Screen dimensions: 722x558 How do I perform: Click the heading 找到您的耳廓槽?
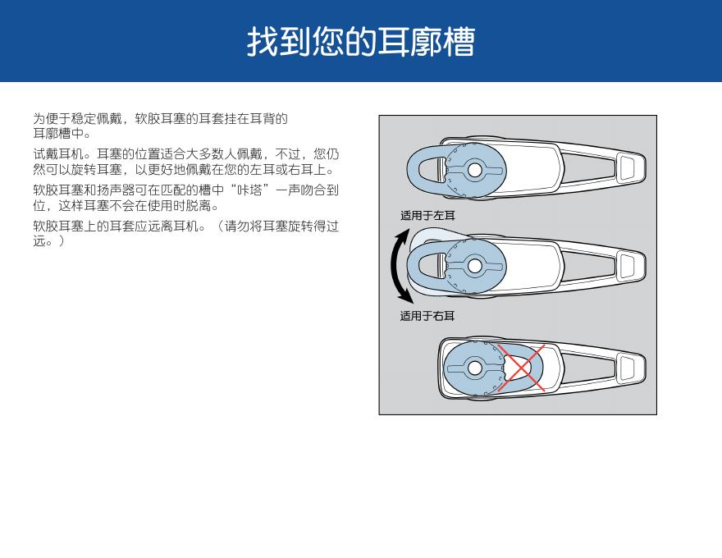tap(360, 42)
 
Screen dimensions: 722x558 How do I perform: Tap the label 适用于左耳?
tap(427, 216)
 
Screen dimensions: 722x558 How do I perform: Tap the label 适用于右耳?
tap(427, 316)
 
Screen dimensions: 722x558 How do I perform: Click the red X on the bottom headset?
tap(521, 368)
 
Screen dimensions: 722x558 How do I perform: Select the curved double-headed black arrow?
tap(394, 266)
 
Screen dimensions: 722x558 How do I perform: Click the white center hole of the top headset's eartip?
tap(475, 170)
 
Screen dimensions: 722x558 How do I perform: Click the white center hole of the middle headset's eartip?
tap(475, 266)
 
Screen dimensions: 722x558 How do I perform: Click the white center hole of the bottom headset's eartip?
tap(474, 368)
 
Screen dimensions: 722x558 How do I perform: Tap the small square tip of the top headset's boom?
tap(628, 167)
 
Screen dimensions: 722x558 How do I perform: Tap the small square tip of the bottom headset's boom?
tap(628, 368)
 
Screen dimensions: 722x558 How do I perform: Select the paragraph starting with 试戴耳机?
tap(186, 162)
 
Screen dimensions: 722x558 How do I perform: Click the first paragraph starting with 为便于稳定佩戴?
tap(160, 126)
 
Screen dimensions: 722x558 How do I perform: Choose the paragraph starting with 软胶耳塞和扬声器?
tap(186, 198)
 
